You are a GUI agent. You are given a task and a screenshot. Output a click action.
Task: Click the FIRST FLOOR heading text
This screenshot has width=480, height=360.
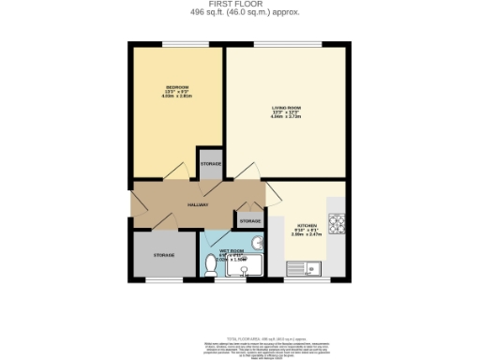(240, 5)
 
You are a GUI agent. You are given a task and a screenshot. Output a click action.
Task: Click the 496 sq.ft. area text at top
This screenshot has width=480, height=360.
(240, 13)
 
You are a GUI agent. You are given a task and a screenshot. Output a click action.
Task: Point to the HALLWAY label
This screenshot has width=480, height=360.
(197, 203)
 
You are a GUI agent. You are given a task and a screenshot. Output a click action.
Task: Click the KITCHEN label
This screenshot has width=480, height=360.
(309, 226)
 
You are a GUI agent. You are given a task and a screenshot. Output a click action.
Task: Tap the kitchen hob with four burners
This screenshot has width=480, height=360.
(337, 225)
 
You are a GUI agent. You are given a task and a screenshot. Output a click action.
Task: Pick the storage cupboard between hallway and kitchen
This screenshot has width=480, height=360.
(248, 220)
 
